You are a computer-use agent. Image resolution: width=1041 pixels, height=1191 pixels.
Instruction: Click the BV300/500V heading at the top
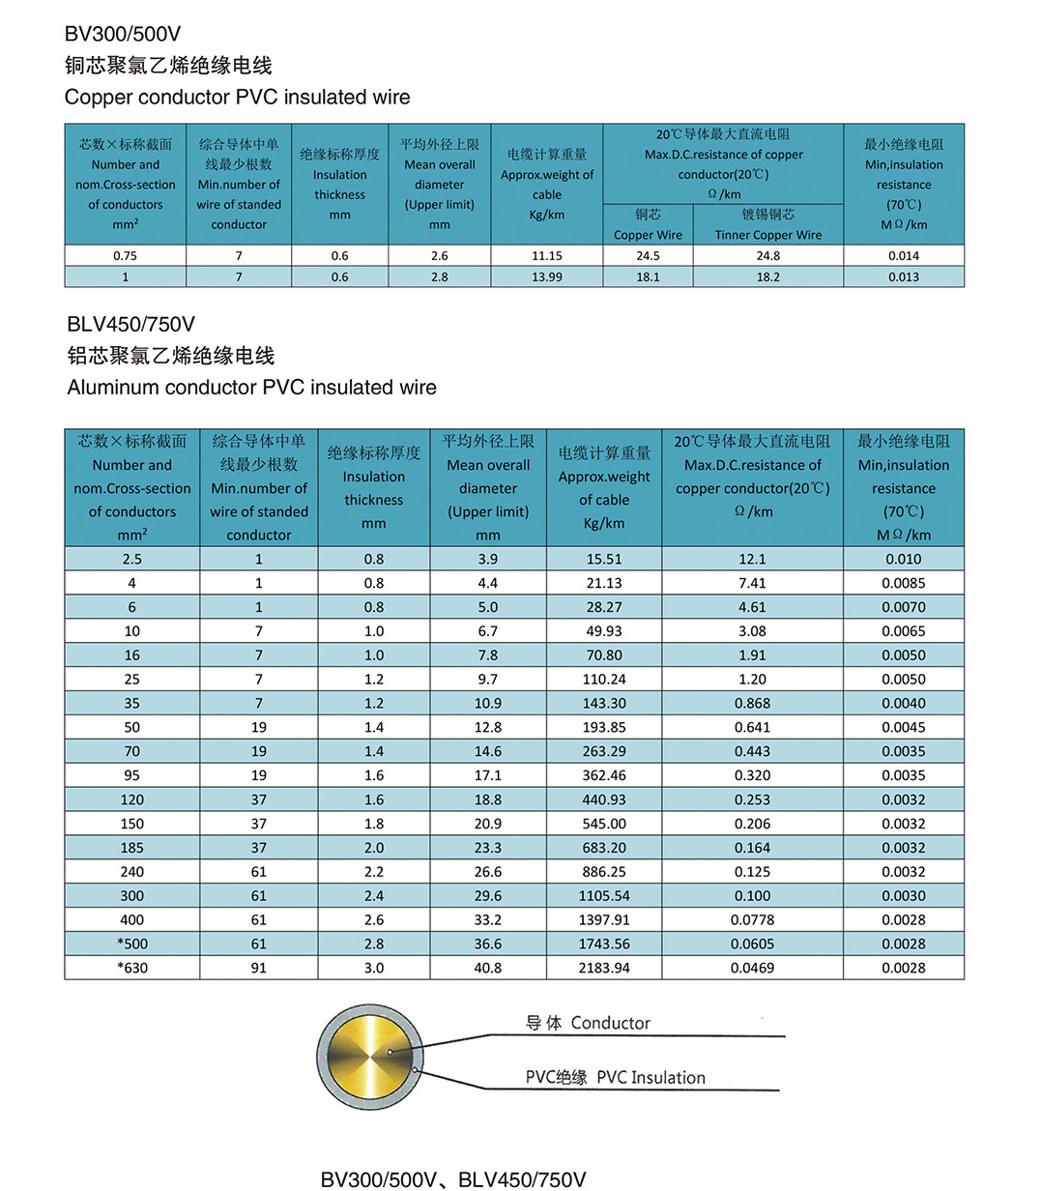[x=123, y=34]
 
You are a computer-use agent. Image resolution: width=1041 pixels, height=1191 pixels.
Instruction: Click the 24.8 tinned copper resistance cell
[x=767, y=256]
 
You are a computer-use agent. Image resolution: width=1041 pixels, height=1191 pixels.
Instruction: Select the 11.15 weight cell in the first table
[x=546, y=256]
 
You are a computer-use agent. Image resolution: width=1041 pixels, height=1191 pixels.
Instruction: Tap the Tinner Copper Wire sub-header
[x=767, y=235]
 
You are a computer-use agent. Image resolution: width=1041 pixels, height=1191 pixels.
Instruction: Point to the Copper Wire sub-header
[x=648, y=235]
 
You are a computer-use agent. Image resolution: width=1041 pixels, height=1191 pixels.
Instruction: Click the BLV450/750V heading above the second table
[x=130, y=324]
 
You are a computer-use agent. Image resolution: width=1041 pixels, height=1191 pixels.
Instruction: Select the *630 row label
[x=131, y=968]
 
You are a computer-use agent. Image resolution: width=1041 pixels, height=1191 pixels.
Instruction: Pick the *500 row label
[x=131, y=944]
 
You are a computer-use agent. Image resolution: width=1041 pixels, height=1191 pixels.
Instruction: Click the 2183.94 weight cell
[x=604, y=968]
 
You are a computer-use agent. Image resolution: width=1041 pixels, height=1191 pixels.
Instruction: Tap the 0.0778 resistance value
[x=752, y=920]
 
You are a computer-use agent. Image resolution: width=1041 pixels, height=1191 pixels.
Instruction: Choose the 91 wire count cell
[x=258, y=968]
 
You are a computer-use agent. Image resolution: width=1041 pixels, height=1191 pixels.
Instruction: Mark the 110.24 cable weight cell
[x=604, y=680]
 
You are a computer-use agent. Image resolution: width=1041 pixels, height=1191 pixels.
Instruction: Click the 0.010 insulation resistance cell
[x=904, y=559]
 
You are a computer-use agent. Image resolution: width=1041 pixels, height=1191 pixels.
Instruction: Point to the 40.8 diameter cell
[x=488, y=968]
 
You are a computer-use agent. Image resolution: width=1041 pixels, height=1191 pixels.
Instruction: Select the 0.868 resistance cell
[x=752, y=704]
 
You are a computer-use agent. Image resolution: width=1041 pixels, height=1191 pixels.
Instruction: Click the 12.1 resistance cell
[x=752, y=559]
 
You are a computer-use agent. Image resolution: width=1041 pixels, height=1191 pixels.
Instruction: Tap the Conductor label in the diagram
[x=610, y=1023]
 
